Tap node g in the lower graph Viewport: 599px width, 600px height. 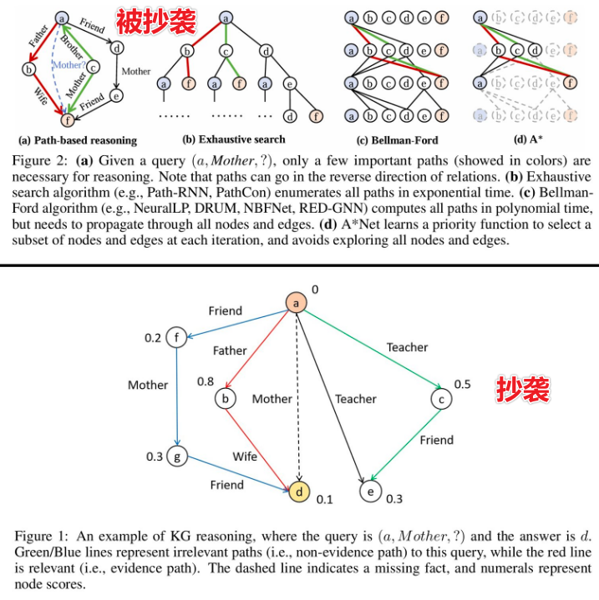pyautogui.click(x=177, y=456)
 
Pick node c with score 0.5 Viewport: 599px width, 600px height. pyautogui.click(x=440, y=399)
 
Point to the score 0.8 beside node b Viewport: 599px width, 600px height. pyautogui.click(x=206, y=381)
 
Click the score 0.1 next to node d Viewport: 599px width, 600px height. pyautogui.click(x=324, y=499)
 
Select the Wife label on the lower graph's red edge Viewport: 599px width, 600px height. pyautogui.click(x=245, y=456)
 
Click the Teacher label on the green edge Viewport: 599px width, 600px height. pyautogui.click(x=407, y=347)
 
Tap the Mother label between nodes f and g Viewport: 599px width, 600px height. pyautogui.click(x=148, y=385)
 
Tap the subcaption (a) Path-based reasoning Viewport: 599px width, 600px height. pyautogui.click(x=78, y=140)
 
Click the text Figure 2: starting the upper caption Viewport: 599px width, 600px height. pyautogui.click(x=41, y=159)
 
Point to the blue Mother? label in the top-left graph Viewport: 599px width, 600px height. pyautogui.click(x=69, y=65)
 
